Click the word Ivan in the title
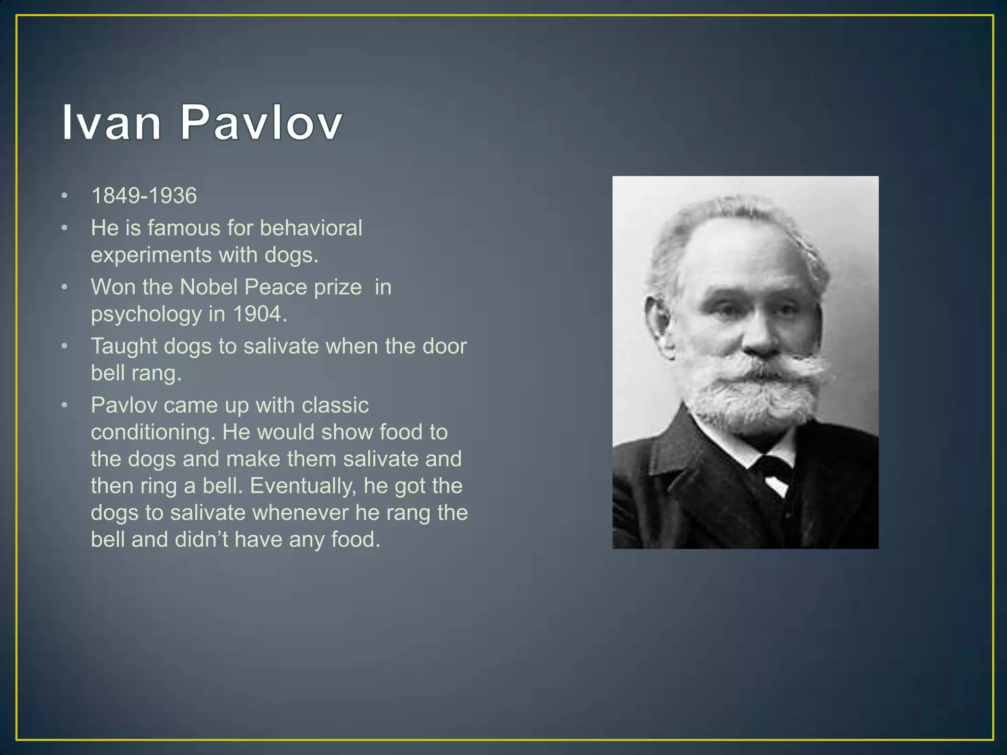click(111, 123)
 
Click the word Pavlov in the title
click(261, 123)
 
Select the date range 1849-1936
click(144, 196)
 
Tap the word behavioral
click(311, 228)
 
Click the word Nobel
click(209, 287)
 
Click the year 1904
click(258, 314)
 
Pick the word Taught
click(124, 347)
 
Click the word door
click(444, 346)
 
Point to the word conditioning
click(153, 433)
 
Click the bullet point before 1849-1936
click(64, 196)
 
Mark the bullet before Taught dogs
click(64, 347)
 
